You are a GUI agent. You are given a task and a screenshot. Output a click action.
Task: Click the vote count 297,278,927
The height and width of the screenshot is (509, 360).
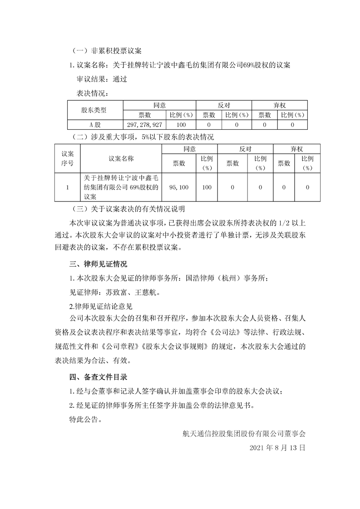[143, 124]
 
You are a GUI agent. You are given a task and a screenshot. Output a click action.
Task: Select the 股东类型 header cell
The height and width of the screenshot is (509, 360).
[94, 110]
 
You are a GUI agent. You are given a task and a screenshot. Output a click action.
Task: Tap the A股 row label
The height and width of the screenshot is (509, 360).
[94, 124]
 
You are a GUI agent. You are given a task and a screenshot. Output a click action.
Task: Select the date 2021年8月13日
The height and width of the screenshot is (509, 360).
[277, 447]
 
